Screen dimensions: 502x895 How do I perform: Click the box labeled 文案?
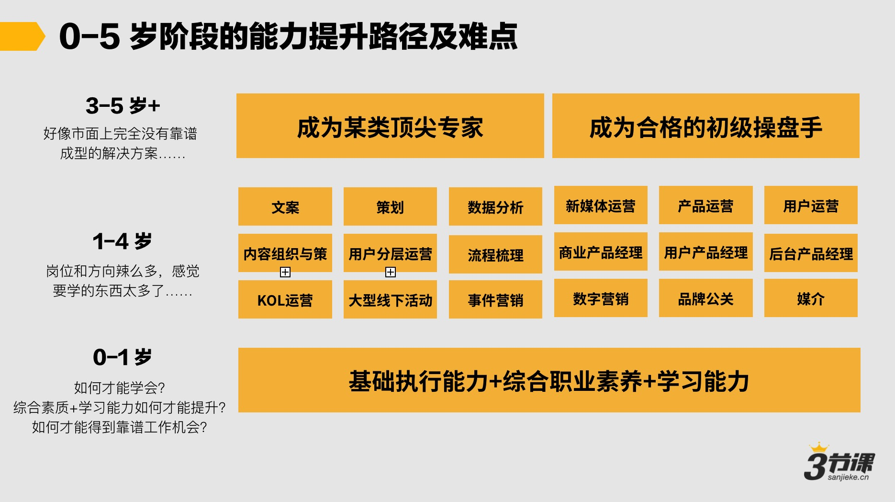285,206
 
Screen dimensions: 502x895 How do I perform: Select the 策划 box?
390,206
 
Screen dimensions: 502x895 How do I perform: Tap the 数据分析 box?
495,206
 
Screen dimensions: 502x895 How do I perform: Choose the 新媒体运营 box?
601,205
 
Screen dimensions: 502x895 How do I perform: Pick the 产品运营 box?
705,205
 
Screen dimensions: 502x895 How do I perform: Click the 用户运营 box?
811,205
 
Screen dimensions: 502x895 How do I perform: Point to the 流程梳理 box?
495,254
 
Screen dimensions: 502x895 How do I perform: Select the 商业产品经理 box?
601,251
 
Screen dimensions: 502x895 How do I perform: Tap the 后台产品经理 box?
811,253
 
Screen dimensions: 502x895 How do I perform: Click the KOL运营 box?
285,299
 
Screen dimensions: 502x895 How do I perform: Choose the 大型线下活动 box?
390,299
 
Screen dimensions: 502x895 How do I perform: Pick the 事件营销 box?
495,299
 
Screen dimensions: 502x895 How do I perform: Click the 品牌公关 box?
705,298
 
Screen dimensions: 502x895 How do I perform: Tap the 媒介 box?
811,298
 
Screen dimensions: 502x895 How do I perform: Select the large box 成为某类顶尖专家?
390,126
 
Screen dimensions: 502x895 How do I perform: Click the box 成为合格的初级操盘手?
705,126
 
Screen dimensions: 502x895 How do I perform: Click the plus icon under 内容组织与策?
285,272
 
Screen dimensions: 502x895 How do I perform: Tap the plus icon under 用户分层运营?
391,272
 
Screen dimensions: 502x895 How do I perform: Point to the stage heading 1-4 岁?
122,241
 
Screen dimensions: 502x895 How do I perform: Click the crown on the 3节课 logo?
819,447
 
